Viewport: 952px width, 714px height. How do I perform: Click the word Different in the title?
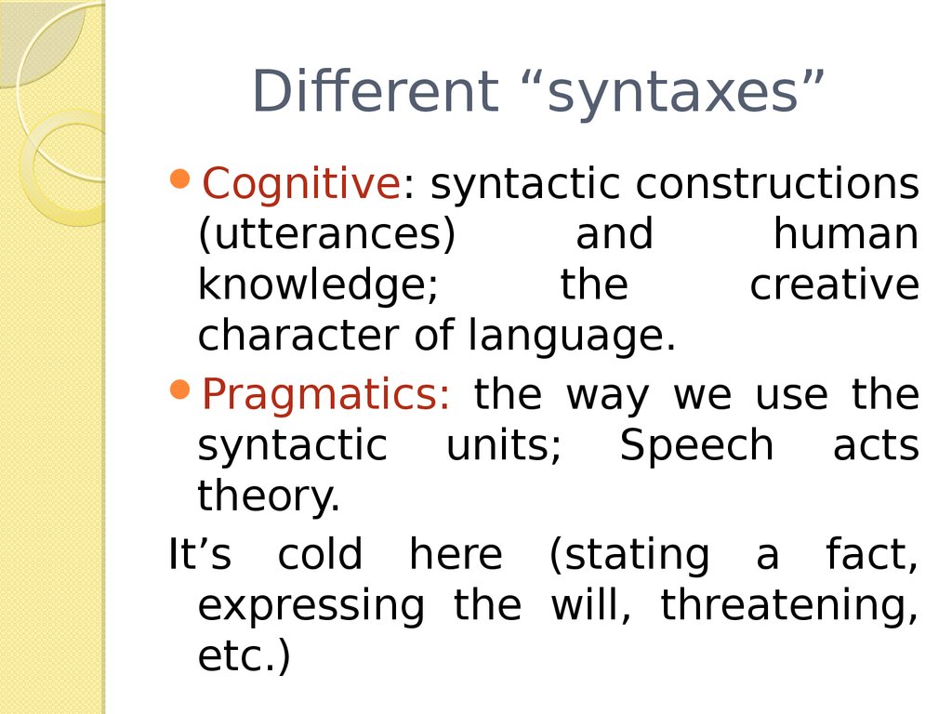[375, 90]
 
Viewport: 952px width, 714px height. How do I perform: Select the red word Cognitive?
[300, 183]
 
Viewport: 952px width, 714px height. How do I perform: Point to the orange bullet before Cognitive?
[181, 178]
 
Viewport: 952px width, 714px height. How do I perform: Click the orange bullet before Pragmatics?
[181, 390]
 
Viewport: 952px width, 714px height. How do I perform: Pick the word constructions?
[777, 183]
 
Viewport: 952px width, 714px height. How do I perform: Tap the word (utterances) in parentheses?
[326, 235]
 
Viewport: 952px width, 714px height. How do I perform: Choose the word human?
[846, 233]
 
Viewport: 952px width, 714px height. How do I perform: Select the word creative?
[834, 284]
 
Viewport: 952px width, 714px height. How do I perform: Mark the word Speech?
[696, 446]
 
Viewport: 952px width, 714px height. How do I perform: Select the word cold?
[320, 554]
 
